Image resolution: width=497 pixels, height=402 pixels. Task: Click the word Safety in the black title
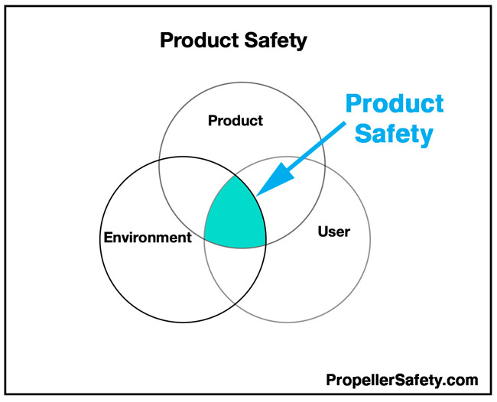tap(275, 41)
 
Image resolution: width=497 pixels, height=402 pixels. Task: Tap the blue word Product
tap(395, 103)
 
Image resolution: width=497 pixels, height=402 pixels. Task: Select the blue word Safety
tap(394, 134)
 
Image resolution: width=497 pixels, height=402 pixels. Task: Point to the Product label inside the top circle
tap(236, 121)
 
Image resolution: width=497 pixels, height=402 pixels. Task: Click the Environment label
tap(148, 237)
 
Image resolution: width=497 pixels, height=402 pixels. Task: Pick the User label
tap(334, 232)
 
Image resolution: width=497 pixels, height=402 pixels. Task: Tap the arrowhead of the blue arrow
tap(272, 182)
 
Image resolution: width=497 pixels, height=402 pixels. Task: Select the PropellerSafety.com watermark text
tap(402, 380)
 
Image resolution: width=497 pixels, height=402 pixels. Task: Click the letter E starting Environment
tap(109, 237)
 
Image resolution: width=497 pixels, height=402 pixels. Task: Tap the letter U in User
tap(323, 232)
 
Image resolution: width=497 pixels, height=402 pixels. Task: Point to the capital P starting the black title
tap(167, 41)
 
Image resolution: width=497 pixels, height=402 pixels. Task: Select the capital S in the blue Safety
tap(362, 133)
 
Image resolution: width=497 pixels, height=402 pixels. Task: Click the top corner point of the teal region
tap(235, 175)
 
